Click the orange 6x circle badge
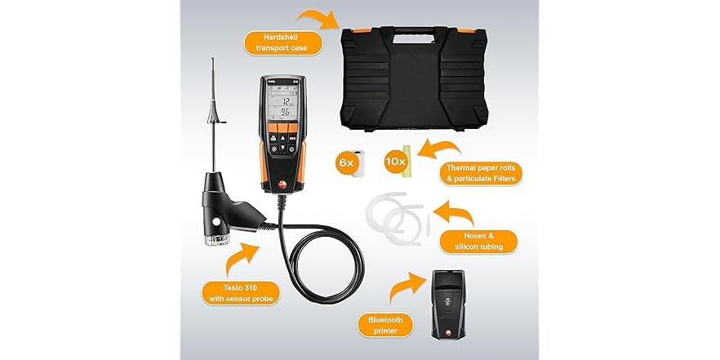coord(346,163)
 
